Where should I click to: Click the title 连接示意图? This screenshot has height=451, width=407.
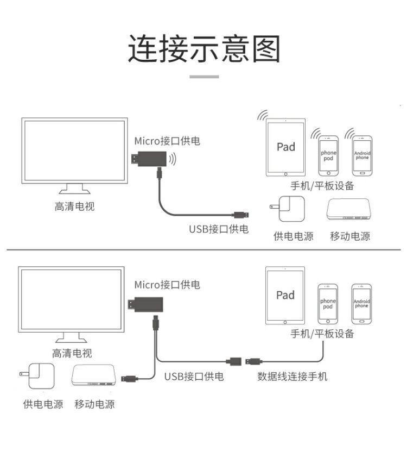tap(204, 49)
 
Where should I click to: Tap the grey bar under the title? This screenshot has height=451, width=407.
tap(204, 77)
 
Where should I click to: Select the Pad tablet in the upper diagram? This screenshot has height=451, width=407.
tap(286, 147)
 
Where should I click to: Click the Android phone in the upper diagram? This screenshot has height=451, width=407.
tap(362, 155)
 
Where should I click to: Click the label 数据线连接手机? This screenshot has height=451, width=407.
tap(292, 376)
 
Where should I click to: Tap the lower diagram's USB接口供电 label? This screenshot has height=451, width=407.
tap(194, 376)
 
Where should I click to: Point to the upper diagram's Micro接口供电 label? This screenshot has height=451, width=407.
tap(167, 141)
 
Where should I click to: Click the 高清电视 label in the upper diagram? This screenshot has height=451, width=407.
tap(74, 206)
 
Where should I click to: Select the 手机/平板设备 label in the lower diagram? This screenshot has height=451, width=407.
tap(322, 334)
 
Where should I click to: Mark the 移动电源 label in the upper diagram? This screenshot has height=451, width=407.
tap(350, 236)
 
